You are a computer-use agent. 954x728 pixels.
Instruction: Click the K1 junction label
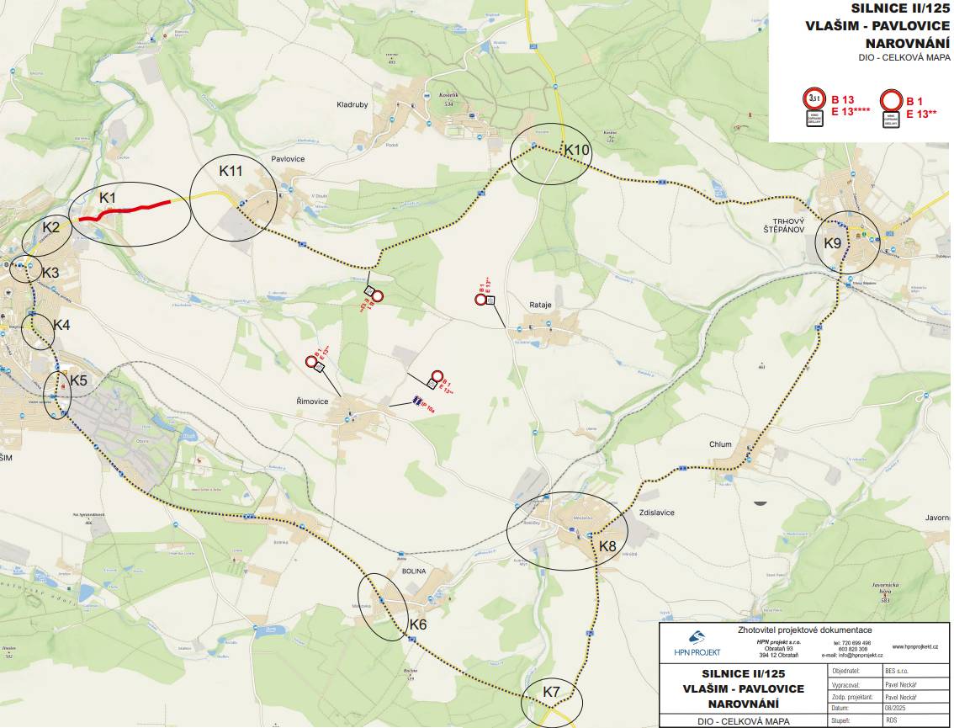(107, 198)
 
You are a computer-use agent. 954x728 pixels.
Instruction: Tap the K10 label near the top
(578, 150)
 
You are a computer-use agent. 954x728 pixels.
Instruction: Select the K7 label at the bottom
(552, 692)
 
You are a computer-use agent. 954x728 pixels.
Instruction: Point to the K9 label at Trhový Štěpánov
(832, 243)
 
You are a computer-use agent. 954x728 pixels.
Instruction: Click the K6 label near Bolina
(418, 624)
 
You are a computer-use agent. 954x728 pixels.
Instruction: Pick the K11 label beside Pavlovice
(231, 171)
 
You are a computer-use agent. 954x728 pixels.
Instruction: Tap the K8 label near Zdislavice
(607, 546)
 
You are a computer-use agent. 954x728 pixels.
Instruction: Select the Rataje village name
(540, 306)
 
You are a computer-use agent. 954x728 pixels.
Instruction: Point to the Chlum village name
(721, 444)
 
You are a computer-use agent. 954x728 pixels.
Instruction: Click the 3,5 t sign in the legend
(813, 98)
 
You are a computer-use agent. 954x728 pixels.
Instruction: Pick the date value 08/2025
(893, 708)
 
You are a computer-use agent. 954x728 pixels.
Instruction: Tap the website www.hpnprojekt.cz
(914, 646)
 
